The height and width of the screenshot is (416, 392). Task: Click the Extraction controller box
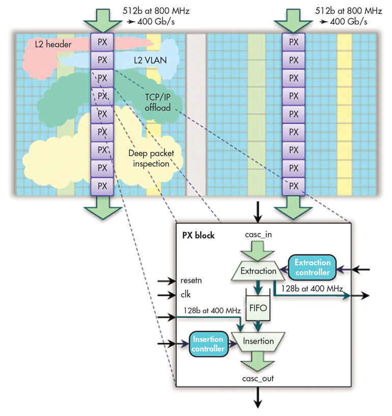click(x=313, y=267)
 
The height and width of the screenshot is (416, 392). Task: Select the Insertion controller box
click(x=208, y=344)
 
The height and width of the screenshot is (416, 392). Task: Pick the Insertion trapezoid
click(x=258, y=341)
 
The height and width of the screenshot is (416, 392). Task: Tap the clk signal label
click(x=186, y=294)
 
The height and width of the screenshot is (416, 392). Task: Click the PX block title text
click(x=198, y=236)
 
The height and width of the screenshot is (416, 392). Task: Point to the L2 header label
click(x=53, y=44)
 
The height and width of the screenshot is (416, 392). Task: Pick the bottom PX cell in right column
click(x=293, y=186)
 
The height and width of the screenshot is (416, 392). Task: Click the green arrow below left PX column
click(x=102, y=207)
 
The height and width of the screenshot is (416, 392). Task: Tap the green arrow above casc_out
click(x=258, y=360)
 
